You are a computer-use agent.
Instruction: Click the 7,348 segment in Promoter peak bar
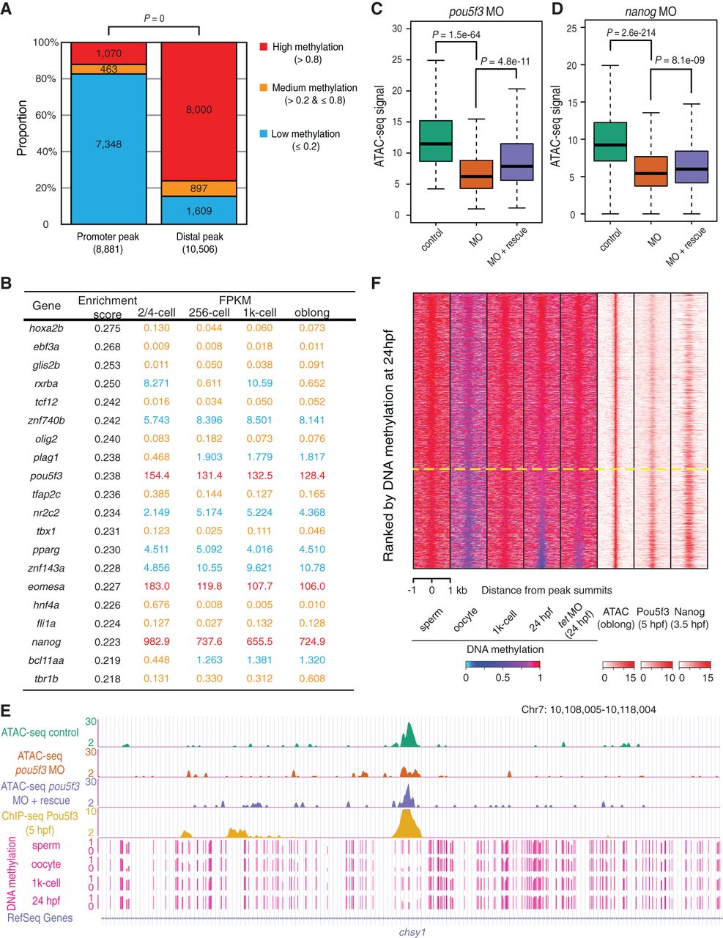coord(108,144)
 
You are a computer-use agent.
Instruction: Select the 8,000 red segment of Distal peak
coord(199,110)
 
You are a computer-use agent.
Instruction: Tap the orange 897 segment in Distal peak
coord(199,188)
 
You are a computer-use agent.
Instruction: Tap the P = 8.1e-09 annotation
coord(680,60)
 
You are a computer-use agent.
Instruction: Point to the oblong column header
coord(311,313)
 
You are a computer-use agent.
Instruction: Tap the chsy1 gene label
coord(412,932)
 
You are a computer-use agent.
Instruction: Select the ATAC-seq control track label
coord(41,731)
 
